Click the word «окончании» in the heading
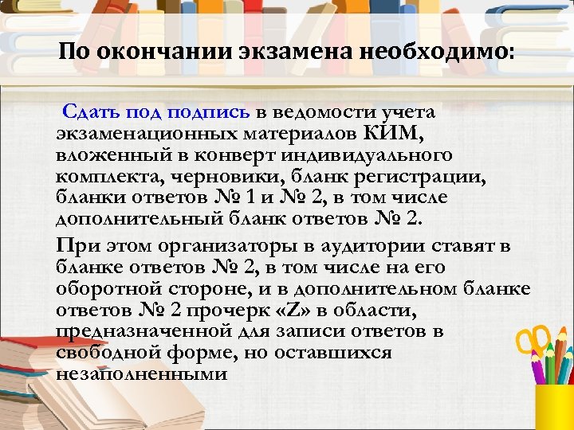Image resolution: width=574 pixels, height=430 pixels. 161,53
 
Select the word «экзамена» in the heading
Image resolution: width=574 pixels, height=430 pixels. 297,53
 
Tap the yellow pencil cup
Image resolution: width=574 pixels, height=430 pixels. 554,406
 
